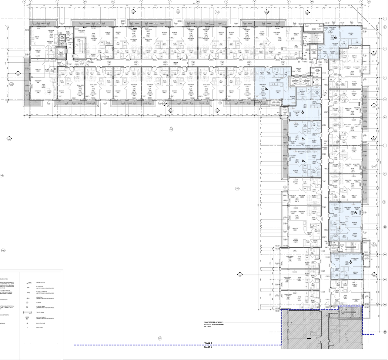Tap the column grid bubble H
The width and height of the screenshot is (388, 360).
198,2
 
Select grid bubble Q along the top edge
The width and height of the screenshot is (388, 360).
369,2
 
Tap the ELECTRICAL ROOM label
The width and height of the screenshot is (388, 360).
314,51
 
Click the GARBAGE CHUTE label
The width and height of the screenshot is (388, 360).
62,43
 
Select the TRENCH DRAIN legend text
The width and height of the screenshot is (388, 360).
41,312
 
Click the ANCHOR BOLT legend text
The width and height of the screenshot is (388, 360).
41,327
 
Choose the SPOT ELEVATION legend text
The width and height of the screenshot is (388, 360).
41,282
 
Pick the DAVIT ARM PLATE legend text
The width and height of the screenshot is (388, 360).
41,323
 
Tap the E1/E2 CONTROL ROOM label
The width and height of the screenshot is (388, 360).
317,71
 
